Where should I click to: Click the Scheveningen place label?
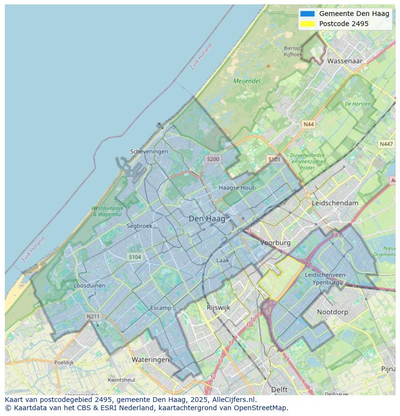click(x=149, y=151)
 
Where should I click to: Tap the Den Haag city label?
click(x=207, y=219)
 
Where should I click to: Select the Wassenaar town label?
click(x=345, y=61)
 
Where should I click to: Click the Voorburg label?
click(x=275, y=243)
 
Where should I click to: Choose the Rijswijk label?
click(x=218, y=307)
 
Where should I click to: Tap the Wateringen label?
click(x=151, y=359)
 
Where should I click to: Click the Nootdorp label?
click(x=332, y=312)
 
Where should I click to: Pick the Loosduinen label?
click(x=89, y=286)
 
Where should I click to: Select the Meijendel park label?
click(x=247, y=81)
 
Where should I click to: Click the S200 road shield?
click(x=213, y=159)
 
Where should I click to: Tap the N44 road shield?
click(x=308, y=125)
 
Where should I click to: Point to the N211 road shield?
click(x=93, y=316)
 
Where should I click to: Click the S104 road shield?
click(x=135, y=257)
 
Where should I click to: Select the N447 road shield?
click(x=386, y=144)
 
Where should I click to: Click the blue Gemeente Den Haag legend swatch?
click(x=307, y=14)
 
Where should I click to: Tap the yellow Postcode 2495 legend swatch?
click(x=307, y=24)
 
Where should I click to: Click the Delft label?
click(x=279, y=389)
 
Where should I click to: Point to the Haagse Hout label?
click(x=236, y=187)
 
